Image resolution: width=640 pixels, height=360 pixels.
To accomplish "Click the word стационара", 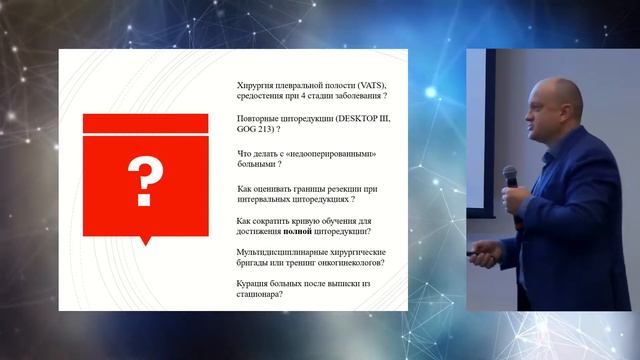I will [x=260, y=296].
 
